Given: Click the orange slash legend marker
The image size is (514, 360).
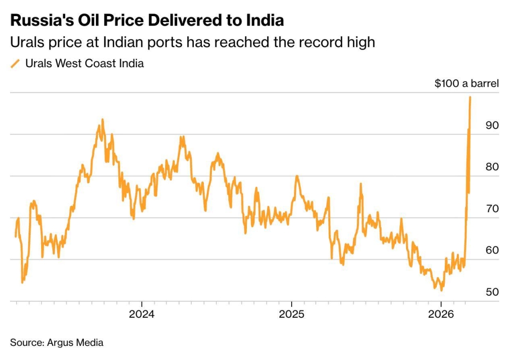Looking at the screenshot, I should tap(16, 63).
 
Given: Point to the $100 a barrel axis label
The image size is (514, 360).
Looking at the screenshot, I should tap(466, 83).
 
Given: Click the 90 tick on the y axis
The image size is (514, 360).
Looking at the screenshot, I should tap(492, 125).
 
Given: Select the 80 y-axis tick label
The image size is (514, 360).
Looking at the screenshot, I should tap(492, 167).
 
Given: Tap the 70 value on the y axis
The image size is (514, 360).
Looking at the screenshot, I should tap(492, 208).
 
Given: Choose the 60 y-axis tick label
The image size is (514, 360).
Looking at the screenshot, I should tap(492, 250).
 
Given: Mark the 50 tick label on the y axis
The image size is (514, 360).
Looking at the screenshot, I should tap(492, 292).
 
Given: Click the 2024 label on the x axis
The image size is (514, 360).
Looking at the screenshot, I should tap(142, 314).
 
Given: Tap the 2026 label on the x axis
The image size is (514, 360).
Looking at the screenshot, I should tap(441, 314).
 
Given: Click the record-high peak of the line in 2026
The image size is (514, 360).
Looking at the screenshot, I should tap(470, 97).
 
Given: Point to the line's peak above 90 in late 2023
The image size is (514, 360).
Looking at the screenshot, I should tap(102, 120).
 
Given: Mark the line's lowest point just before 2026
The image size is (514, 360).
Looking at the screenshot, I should tap(441, 290).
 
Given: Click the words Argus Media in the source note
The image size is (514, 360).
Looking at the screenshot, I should tap(75, 343).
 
